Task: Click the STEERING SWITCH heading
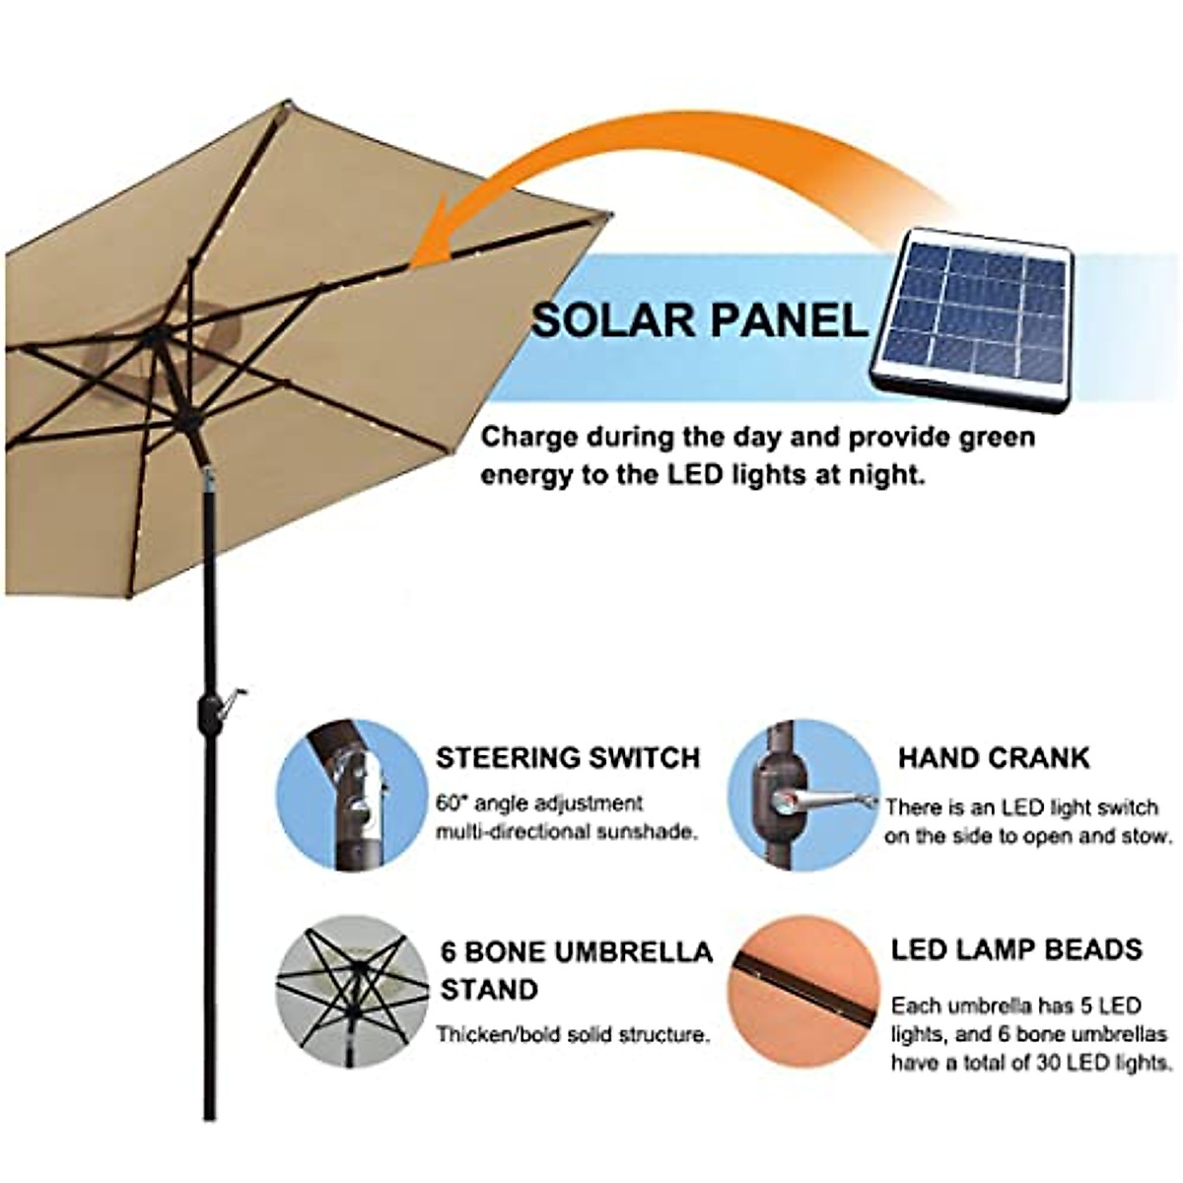coord(568,758)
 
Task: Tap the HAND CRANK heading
coord(994,758)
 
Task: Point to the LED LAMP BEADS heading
coord(1016,949)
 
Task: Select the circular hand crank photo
coord(802,795)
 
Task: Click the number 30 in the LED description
coord(1057,1063)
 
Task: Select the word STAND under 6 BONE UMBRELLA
coord(489,989)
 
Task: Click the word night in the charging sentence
coord(884,475)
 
